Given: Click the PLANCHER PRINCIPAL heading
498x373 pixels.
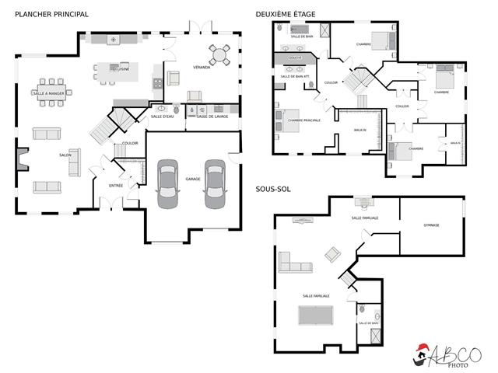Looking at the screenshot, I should tap(46, 14).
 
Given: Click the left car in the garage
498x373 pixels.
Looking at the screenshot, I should tap(167, 184).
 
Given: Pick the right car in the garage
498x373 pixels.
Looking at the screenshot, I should tap(215, 184).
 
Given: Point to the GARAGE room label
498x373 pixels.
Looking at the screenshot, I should tap(192, 180).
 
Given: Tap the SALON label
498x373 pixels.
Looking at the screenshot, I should tap(65, 155).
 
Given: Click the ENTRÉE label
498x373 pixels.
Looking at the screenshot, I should tap(116, 186).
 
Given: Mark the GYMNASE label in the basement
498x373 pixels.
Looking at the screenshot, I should tap(431, 225).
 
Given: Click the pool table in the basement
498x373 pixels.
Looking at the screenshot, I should tap(316, 319).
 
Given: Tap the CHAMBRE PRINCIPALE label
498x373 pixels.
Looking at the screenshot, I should tap(303, 120).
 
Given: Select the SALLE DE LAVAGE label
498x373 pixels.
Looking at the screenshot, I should tap(212, 117).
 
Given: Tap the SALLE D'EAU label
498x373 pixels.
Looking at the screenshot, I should tap(163, 117).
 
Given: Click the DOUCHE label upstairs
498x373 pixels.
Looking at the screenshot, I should tap(295, 58).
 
